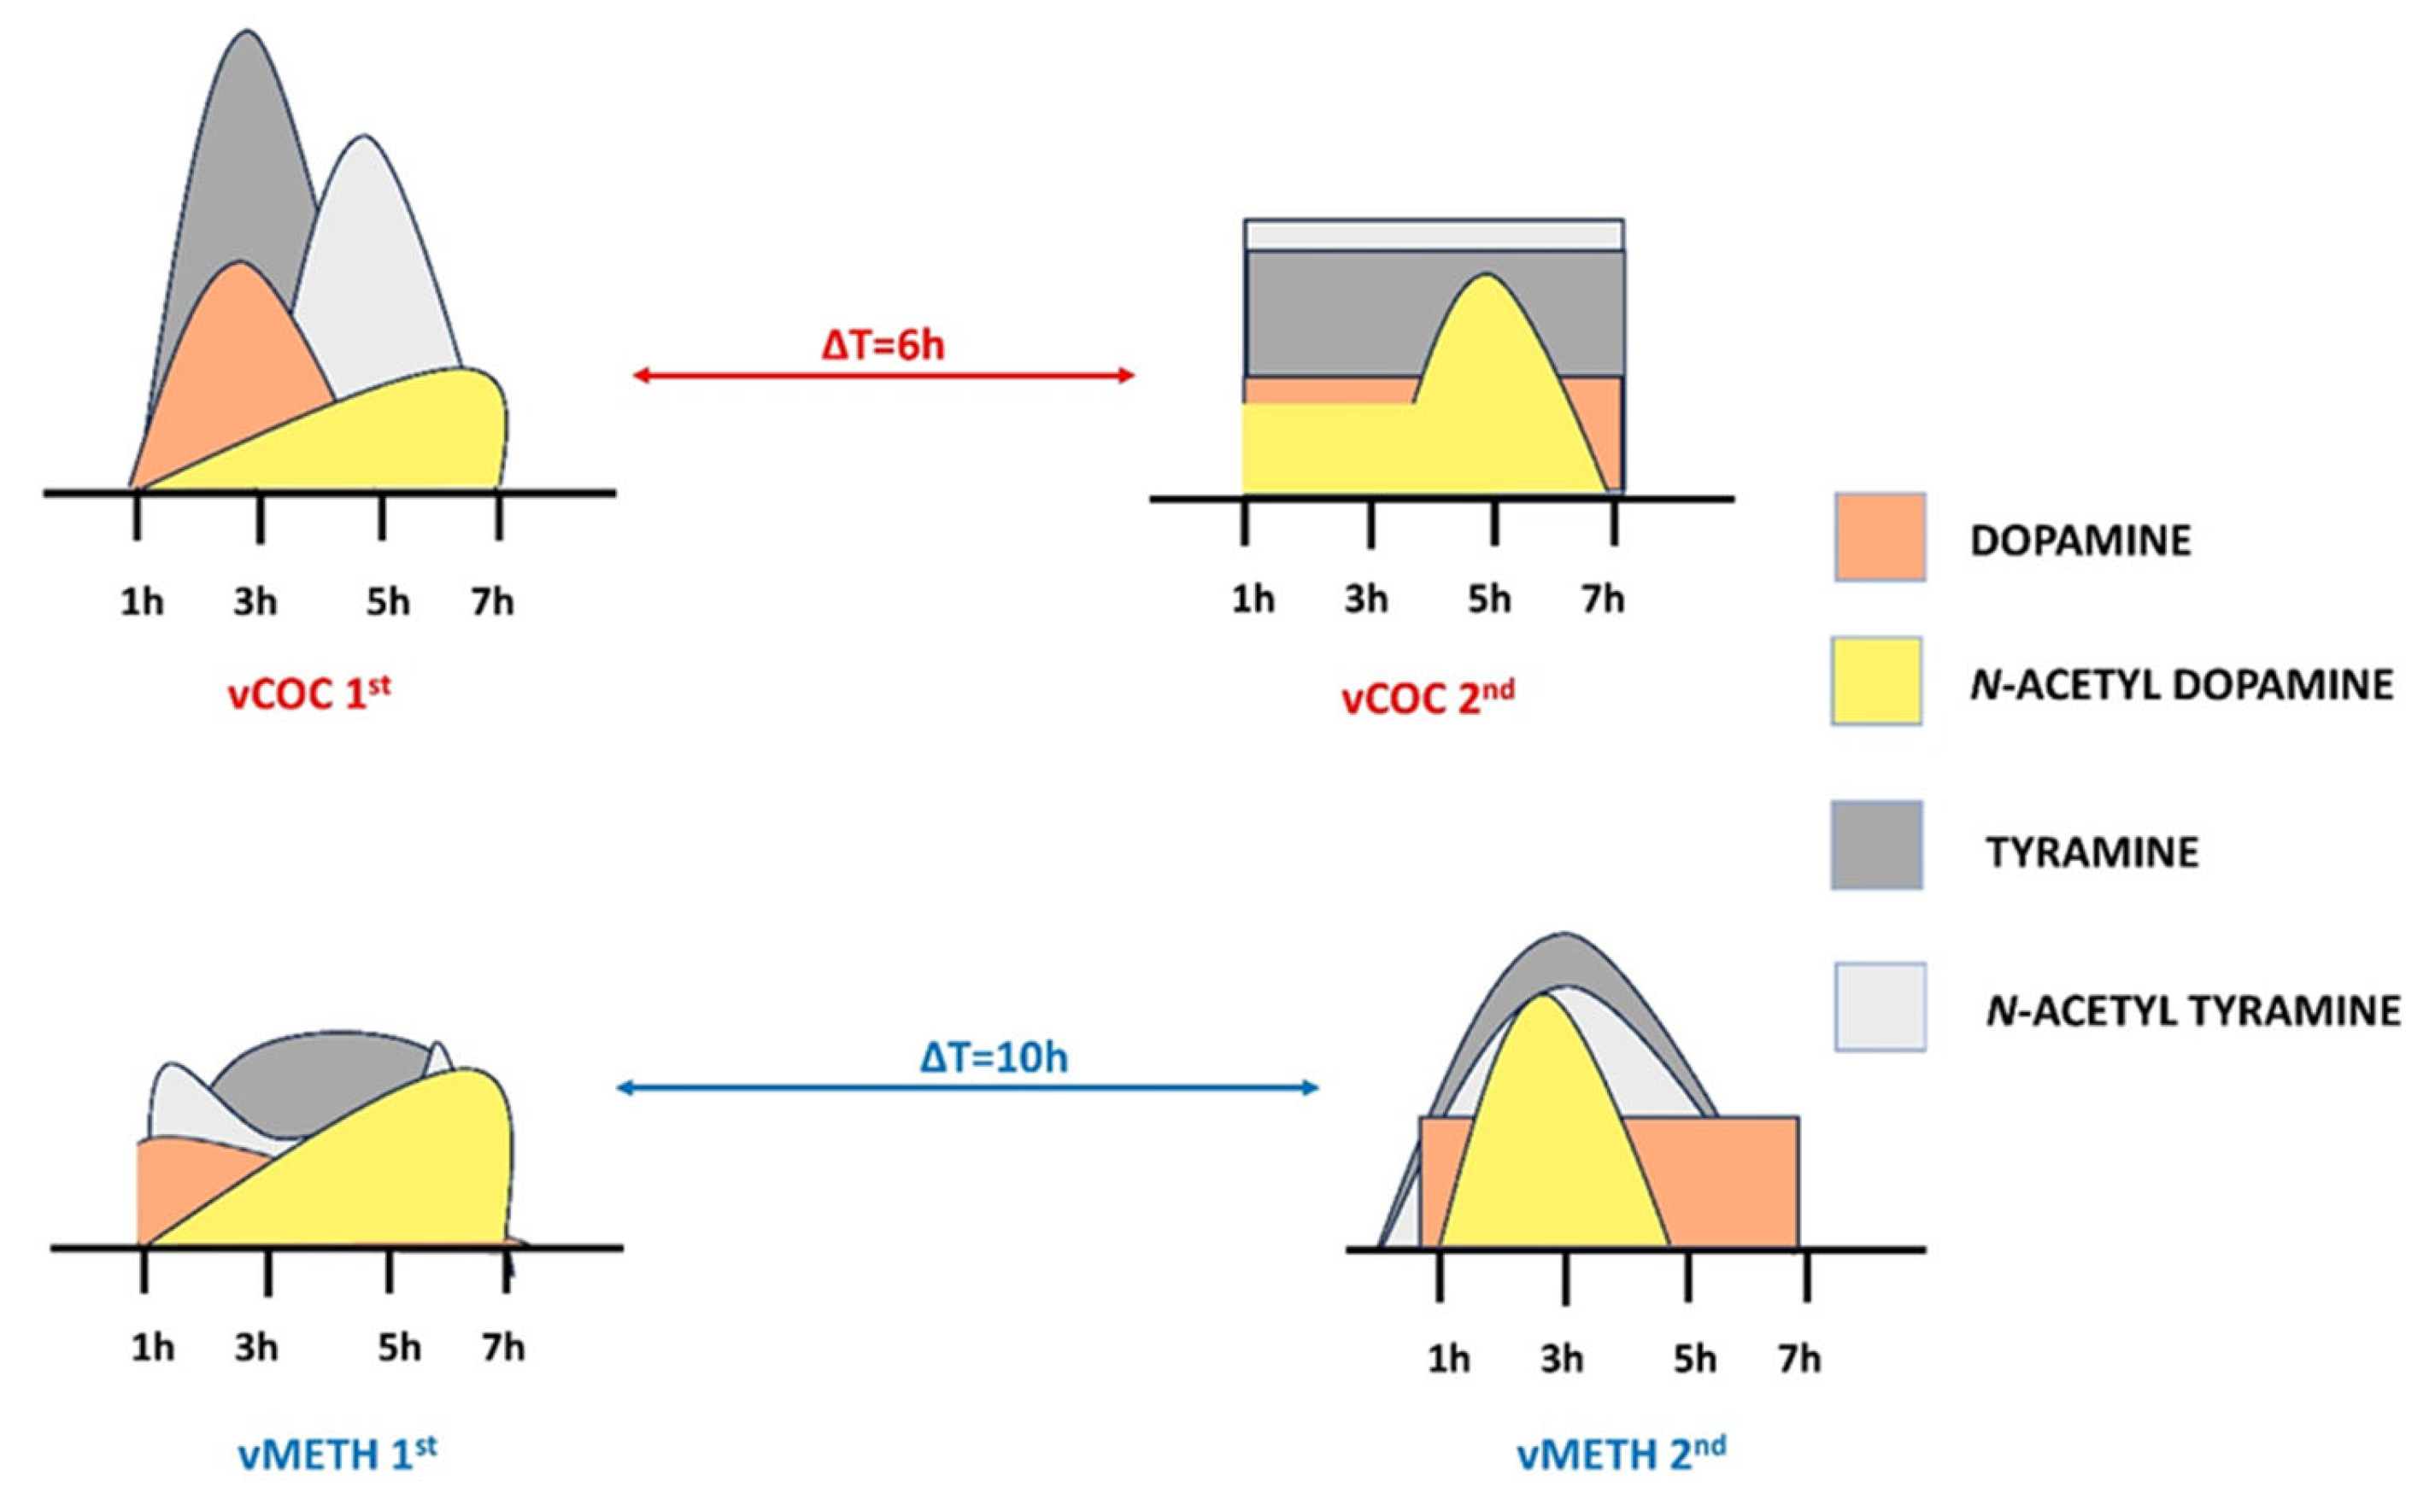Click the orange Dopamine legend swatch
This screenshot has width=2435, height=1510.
click(1879, 537)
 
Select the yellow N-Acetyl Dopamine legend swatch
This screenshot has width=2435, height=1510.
click(1875, 681)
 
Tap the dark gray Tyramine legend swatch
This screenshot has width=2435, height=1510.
click(1875, 845)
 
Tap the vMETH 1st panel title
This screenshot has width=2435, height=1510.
click(337, 1454)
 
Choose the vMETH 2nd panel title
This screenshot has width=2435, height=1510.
click(1621, 1454)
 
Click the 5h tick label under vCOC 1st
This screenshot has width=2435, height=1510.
click(388, 602)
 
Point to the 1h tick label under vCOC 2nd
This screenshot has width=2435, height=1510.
click(1253, 600)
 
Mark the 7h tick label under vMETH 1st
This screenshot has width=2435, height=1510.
click(502, 1349)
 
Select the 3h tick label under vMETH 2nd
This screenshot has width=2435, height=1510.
click(1561, 1359)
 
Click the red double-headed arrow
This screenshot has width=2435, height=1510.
click(884, 376)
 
